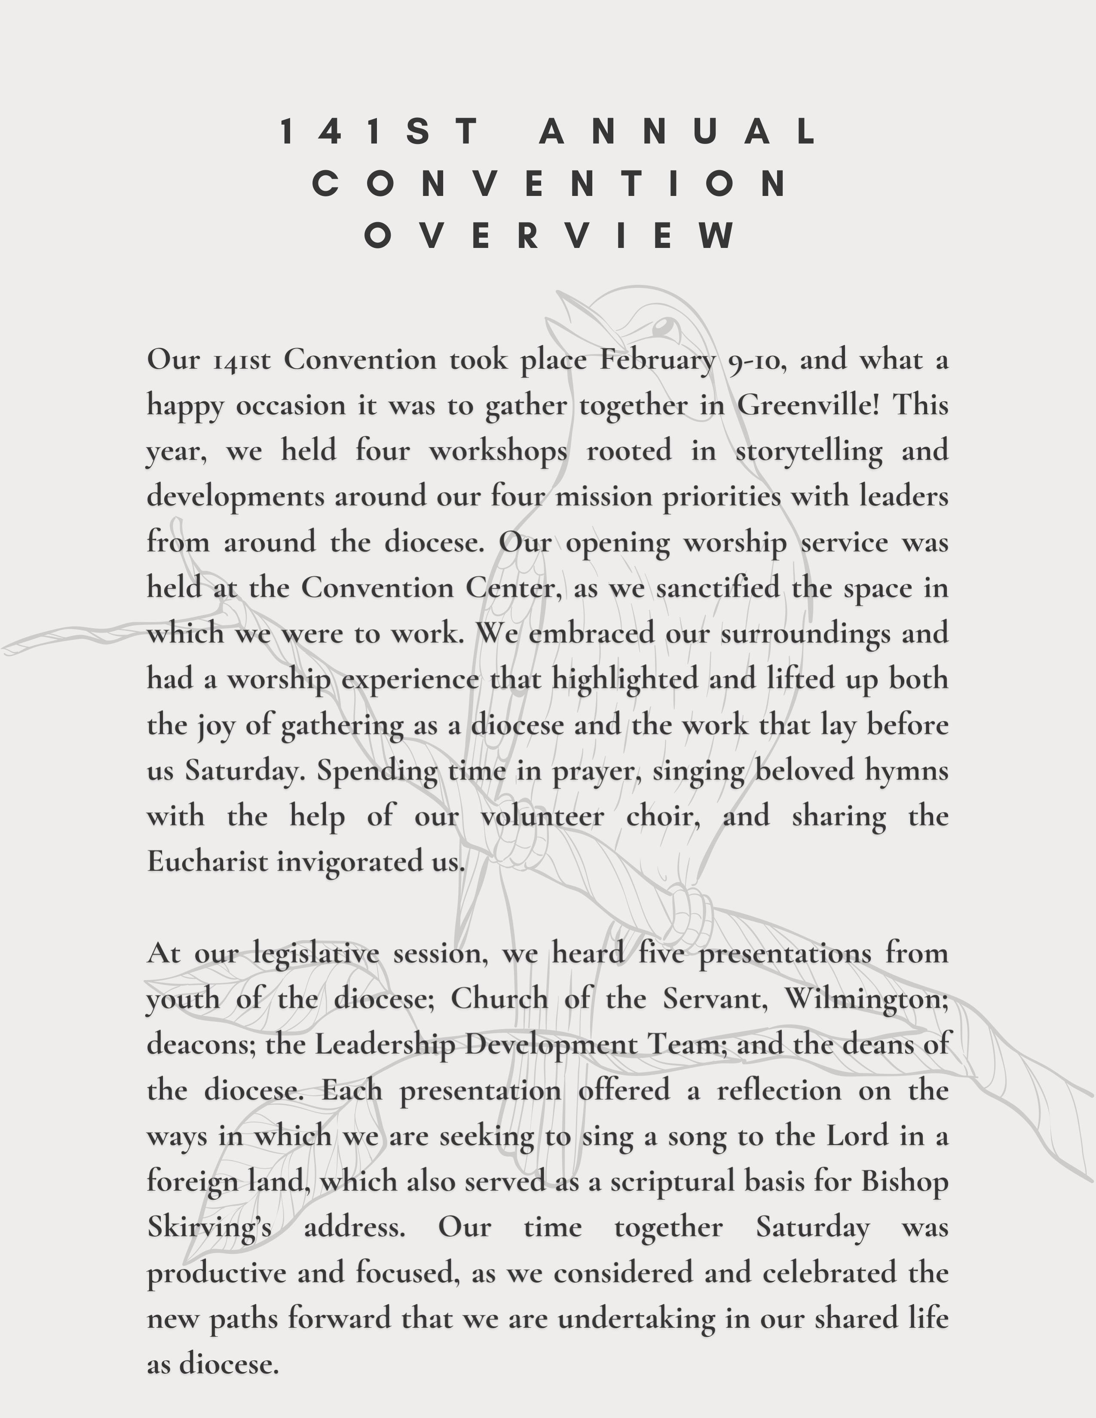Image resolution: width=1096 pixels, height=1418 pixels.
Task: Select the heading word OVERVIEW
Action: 549,235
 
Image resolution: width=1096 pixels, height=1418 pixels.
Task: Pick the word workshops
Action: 498,451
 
